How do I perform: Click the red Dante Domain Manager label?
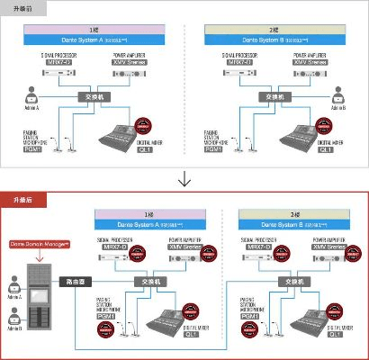tap(39, 244)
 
